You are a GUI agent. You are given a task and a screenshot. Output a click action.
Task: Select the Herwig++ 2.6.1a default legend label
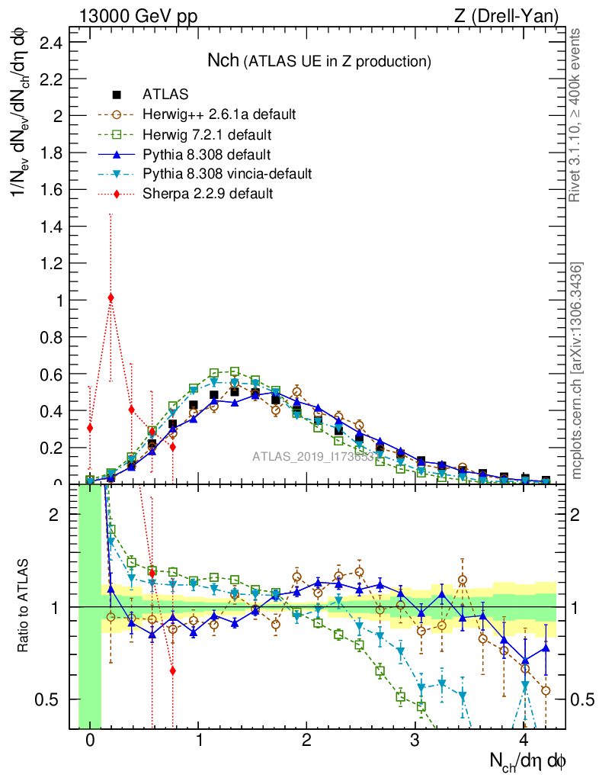219,114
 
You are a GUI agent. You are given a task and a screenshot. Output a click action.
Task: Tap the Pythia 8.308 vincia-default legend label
227,174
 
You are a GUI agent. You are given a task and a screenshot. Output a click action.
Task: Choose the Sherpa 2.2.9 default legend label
207,194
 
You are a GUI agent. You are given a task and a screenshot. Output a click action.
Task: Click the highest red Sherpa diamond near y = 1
111,297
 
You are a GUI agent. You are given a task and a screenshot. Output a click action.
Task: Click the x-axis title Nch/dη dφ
527,760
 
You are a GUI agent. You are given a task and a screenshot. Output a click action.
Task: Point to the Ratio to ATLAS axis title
25,607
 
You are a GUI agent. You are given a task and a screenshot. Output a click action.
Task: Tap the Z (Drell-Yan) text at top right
514,15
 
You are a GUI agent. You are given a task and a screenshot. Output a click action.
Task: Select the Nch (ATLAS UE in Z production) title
319,60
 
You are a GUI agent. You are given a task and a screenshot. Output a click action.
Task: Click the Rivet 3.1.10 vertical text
577,114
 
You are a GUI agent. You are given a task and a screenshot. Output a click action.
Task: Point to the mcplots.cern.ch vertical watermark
577,370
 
